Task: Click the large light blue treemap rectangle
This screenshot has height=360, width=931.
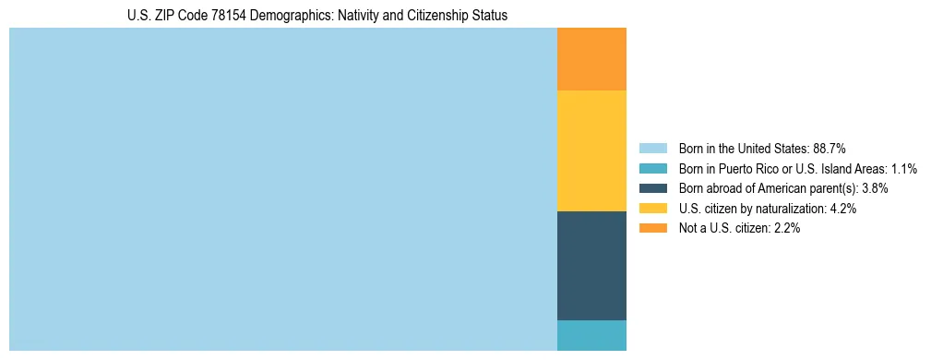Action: coord(282,189)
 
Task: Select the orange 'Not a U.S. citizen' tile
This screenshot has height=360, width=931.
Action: coord(591,59)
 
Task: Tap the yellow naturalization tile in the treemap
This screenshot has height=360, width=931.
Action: coord(591,150)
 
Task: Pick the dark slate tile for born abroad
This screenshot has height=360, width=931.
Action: coord(591,266)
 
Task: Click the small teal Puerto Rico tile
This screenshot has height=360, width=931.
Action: coord(591,335)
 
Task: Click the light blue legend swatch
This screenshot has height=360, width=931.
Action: coord(652,148)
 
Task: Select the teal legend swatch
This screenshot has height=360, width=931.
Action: coord(652,168)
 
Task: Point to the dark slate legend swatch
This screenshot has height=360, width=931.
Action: coord(652,188)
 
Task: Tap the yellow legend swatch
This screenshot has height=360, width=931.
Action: coord(652,209)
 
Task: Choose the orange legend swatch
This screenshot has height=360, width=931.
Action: coord(652,229)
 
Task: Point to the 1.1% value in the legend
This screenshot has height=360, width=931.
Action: coord(903,168)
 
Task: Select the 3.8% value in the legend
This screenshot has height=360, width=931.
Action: coord(875,188)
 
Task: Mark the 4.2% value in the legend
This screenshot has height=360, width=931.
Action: coord(843,209)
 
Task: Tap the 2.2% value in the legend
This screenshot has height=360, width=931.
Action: coord(787,229)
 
